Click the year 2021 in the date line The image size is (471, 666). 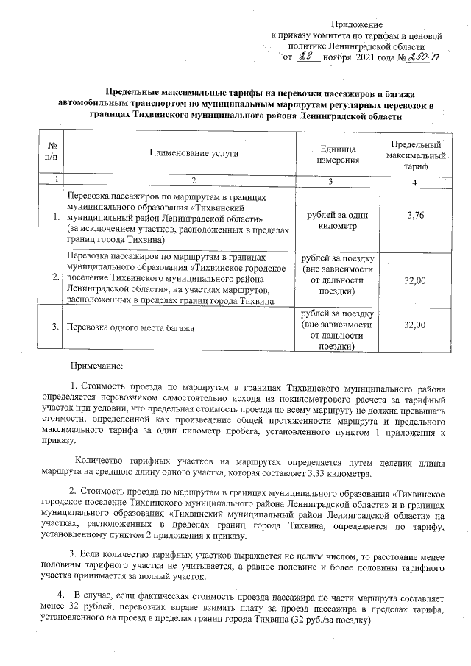366,58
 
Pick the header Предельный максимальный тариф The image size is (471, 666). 416,154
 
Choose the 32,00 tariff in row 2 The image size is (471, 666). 416,277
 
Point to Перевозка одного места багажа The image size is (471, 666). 130,327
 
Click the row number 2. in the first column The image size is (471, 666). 56,277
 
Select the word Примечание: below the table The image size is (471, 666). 96,366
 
